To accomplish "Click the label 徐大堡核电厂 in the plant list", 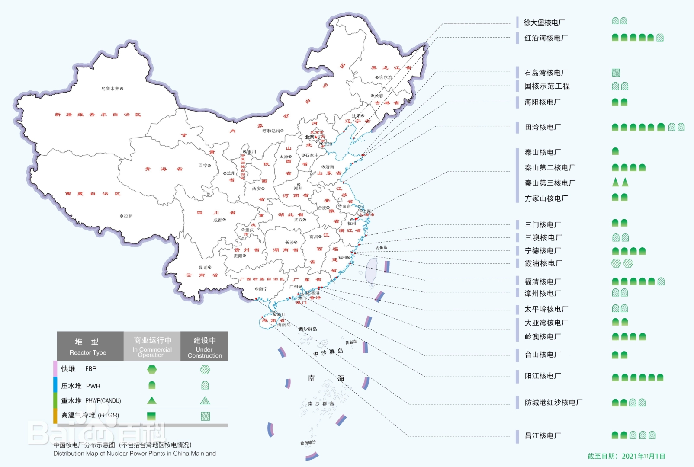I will (x=544, y=22).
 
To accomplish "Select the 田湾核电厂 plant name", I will (x=543, y=127).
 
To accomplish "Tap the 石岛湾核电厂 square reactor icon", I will (x=616, y=73).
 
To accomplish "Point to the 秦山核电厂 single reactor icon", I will (x=615, y=151).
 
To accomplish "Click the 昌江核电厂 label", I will (x=543, y=436).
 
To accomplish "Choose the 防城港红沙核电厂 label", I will (x=553, y=403).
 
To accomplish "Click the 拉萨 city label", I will (x=128, y=216).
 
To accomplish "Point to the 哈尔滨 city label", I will (x=385, y=77).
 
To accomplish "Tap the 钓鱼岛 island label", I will (x=381, y=248).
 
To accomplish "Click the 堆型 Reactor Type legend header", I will (x=88, y=346).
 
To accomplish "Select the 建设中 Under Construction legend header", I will (x=204, y=346).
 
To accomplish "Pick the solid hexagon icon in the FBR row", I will (x=151, y=369).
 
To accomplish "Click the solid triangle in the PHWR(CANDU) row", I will (x=151, y=400).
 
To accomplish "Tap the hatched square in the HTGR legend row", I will (x=205, y=416).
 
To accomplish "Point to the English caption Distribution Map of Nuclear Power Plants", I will (x=135, y=454).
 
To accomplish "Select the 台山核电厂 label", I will (x=543, y=355).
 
